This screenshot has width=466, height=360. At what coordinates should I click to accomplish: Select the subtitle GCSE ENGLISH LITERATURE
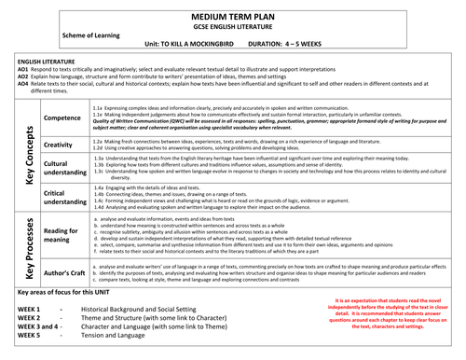click(x=234, y=29)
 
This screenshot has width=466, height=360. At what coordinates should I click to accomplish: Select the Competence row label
click(x=63, y=118)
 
